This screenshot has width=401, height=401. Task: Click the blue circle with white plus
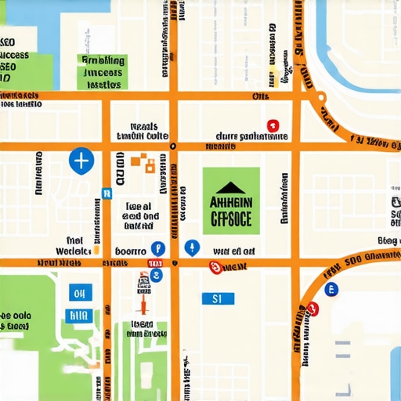pyautogui.click(x=81, y=161)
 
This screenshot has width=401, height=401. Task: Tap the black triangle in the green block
pyautogui.click(x=230, y=187)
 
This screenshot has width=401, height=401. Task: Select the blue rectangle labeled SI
pyautogui.click(x=217, y=298)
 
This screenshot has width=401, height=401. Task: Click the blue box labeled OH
pyautogui.click(x=78, y=294)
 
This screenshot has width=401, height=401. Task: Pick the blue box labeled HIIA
pyautogui.click(x=78, y=315)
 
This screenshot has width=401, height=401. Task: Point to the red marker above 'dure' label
pyautogui.click(x=273, y=125)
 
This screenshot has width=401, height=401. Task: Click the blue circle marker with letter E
pyautogui.click(x=331, y=289)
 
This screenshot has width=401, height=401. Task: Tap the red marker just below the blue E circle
pyautogui.click(x=315, y=307)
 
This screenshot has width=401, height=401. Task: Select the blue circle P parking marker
pyautogui.click(x=157, y=247)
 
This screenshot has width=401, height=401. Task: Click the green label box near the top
pyautogui.click(x=103, y=71)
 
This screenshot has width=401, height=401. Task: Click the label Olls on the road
pyautogui.click(x=259, y=96)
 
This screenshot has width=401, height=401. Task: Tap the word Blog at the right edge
pyautogui.click(x=388, y=240)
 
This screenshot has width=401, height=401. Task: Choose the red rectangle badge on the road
pyautogui.click(x=155, y=263)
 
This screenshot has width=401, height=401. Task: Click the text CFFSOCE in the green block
pyautogui.click(x=230, y=219)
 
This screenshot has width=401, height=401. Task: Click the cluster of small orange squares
pyautogui.click(x=143, y=161)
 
